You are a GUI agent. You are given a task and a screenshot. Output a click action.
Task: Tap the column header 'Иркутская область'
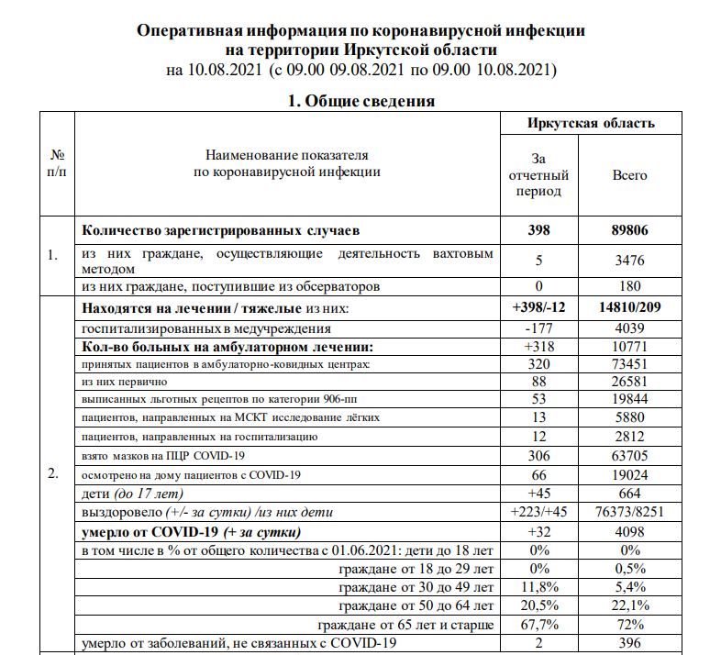[x=591, y=123]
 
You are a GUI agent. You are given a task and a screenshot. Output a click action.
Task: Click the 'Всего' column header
[x=629, y=174]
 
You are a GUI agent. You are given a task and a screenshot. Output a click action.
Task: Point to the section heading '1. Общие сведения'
[x=360, y=101]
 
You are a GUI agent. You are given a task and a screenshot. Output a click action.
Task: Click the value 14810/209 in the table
[x=629, y=310]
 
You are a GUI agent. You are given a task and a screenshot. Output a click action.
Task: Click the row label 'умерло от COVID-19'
[x=193, y=533]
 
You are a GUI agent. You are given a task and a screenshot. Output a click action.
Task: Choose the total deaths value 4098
[x=629, y=533]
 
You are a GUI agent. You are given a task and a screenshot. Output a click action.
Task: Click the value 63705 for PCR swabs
[x=629, y=455]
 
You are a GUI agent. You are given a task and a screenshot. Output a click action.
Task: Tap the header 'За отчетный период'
[x=547, y=174]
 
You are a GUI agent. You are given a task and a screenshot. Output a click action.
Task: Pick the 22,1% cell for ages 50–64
[x=629, y=606]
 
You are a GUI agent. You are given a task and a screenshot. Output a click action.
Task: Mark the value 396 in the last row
[x=629, y=643]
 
